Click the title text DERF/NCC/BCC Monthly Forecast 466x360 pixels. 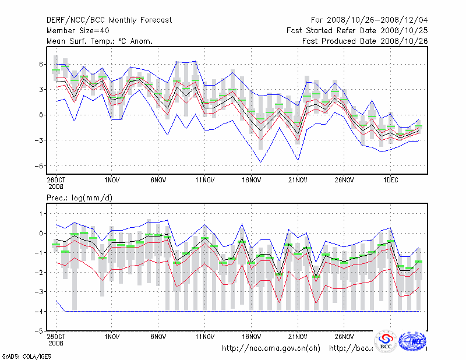(109, 20)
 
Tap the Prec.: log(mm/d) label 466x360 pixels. (80, 199)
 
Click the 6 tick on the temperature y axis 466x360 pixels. (41, 64)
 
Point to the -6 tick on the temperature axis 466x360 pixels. (39, 166)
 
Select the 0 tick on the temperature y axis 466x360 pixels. (41, 115)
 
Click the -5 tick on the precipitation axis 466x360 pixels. (39, 331)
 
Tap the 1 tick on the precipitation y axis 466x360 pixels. (41, 214)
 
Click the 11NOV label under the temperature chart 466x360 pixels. (204, 181)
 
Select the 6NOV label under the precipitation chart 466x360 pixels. (158, 337)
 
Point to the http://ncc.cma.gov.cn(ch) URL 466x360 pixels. (271, 348)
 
